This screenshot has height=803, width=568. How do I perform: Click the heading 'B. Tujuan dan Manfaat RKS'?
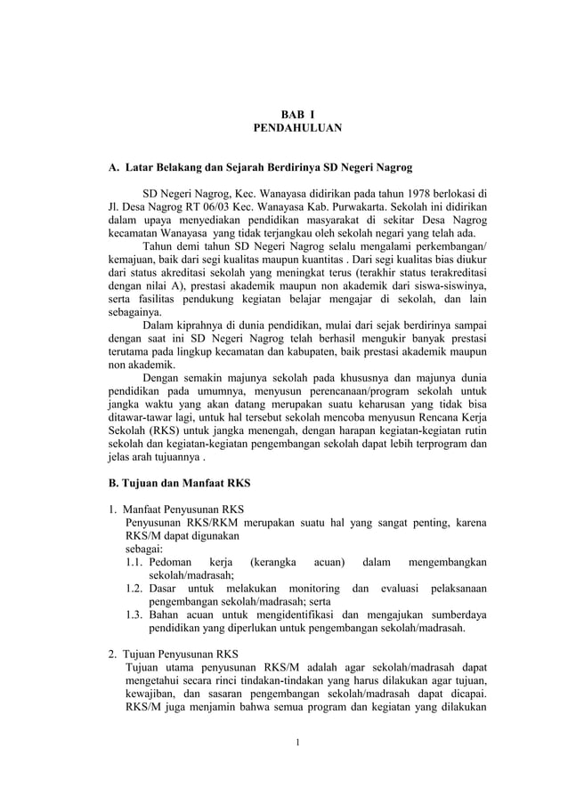179,484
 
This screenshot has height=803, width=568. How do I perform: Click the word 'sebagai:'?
143,550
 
